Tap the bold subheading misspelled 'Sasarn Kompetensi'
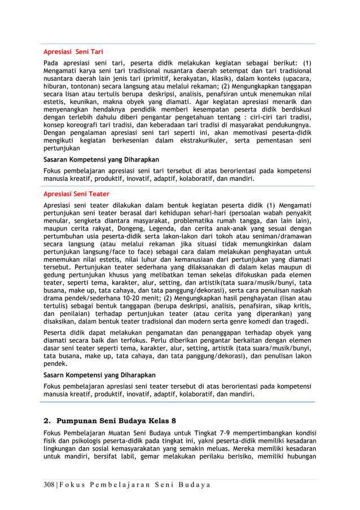pos(100,375)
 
